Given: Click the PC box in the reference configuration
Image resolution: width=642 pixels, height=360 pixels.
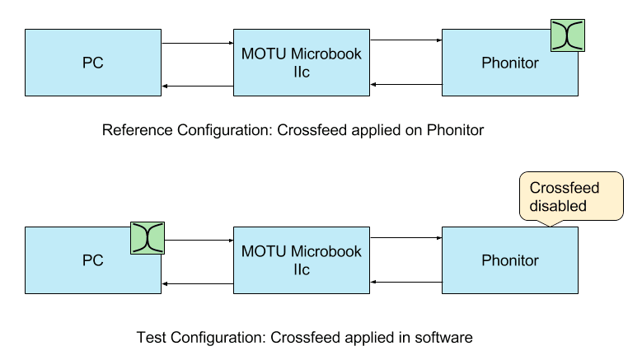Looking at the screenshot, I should [93, 63].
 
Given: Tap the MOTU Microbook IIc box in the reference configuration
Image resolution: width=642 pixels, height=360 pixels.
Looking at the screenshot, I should [302, 63].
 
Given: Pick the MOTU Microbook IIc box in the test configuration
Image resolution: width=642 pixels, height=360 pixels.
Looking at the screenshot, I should [302, 260].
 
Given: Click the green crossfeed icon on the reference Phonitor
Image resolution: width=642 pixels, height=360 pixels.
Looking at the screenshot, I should [568, 33].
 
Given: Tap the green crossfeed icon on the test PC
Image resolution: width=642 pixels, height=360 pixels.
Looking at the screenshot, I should [148, 238].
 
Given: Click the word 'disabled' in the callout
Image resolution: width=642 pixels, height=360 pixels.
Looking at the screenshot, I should [558, 205].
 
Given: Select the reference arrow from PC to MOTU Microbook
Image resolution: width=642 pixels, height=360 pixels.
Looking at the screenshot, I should [199, 44].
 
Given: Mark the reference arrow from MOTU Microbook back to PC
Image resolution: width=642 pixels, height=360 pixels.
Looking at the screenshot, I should [199, 86].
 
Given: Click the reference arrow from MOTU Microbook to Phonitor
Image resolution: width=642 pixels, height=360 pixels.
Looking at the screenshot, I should [407, 40].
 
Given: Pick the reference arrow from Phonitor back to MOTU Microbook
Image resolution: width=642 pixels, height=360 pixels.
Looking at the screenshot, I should [407, 83].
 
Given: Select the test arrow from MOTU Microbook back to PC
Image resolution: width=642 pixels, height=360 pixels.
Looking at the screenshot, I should [199, 283].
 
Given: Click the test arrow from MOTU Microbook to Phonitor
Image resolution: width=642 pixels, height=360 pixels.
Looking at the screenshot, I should [407, 238].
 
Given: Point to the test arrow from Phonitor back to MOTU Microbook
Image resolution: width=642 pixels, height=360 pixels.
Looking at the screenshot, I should [407, 281].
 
